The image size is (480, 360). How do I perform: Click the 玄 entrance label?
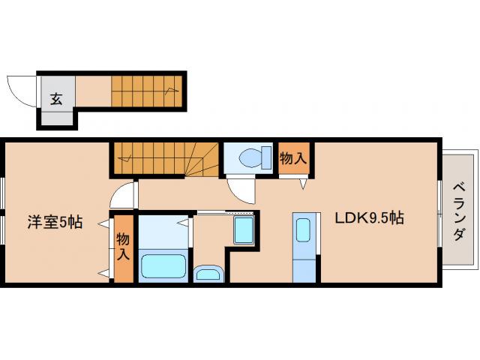56,98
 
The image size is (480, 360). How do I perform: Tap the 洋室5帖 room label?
55,222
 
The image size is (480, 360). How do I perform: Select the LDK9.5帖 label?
370,218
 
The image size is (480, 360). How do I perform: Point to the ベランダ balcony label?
459,211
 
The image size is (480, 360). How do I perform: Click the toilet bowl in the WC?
250,158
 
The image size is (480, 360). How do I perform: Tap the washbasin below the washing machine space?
208,273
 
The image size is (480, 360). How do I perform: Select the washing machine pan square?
244,230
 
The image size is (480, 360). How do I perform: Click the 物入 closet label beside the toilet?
293,158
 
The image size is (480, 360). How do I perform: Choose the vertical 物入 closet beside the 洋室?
123,246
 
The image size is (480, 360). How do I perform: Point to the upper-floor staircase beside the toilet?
165,160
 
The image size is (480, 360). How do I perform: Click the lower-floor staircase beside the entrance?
147,91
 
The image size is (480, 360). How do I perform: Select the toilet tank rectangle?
266,157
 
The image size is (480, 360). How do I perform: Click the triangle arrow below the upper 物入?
303,184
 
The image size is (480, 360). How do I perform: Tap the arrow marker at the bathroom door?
184,223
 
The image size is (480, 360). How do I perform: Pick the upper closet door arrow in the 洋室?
103,223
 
